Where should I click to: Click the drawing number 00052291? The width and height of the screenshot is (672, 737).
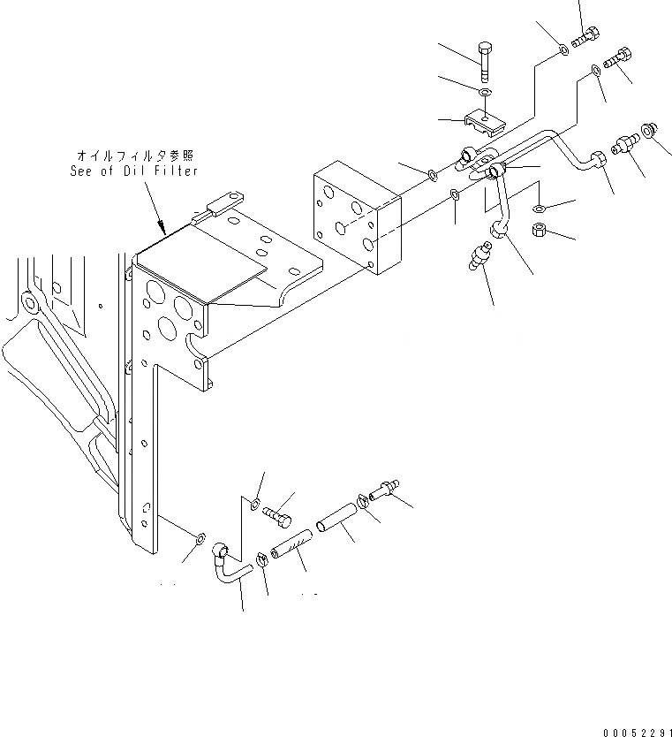point(637,732)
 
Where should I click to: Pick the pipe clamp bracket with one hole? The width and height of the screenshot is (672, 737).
point(483,121)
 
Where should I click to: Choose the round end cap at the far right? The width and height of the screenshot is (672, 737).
point(649,130)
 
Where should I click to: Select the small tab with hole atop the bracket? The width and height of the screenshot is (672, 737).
point(226,207)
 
